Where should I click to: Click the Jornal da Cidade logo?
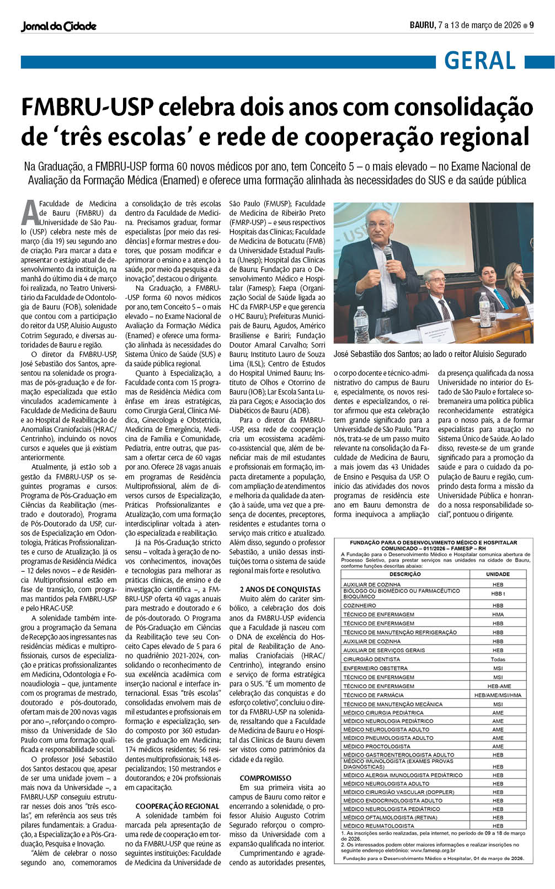(58, 26)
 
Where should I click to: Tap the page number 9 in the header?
(532, 25)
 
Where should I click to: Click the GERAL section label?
(479, 61)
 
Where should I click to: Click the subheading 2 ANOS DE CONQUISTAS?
(280, 589)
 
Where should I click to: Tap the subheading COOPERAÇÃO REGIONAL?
(177, 806)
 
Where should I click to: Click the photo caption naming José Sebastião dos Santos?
(430, 354)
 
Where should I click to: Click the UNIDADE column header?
(498, 574)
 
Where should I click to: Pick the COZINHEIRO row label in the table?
(360, 605)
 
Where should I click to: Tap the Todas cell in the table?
(498, 659)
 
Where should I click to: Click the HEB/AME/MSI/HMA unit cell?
(498, 695)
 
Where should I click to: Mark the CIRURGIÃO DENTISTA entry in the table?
(371, 659)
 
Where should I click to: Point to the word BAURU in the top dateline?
(422, 25)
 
